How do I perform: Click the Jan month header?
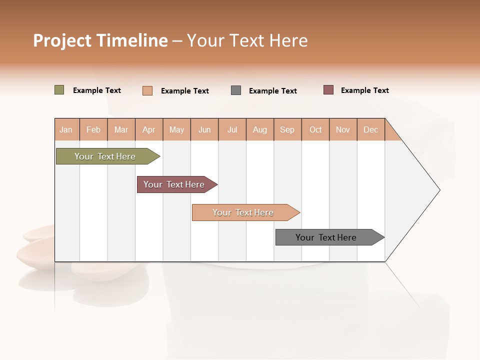point(66,130)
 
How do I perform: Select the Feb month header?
point(93,130)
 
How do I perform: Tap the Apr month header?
point(149,130)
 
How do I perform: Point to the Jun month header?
point(204,130)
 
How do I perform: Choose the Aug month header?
point(260,130)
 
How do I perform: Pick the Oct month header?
point(315,130)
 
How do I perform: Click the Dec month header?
point(371,130)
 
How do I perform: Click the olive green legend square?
point(59,90)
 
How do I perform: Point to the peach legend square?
point(147,90)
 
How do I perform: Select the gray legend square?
point(236,90)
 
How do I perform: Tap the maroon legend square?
point(328,90)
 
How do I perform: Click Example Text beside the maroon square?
point(364,90)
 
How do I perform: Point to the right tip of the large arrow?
point(439,190)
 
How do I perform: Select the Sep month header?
point(287,130)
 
